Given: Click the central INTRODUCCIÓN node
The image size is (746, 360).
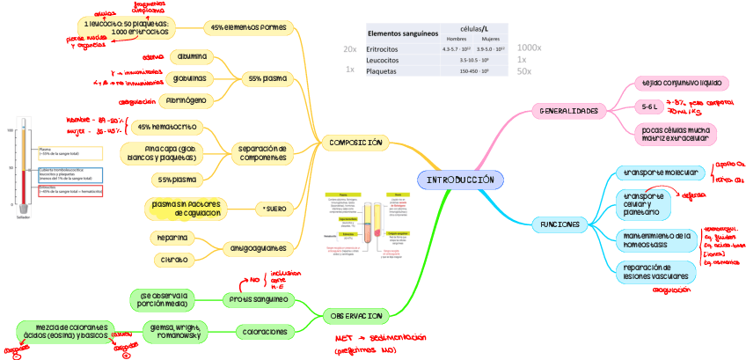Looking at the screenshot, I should click(460, 180).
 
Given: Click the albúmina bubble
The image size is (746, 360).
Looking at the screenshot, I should click(193, 56).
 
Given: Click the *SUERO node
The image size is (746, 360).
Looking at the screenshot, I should click(274, 208).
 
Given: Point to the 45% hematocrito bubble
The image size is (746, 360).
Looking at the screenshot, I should click(166, 126).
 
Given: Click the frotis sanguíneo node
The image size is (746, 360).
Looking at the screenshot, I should click(260, 298).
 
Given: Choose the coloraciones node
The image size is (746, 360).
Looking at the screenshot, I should click(263, 332).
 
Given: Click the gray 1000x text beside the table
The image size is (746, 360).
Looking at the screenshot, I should click(529, 48).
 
